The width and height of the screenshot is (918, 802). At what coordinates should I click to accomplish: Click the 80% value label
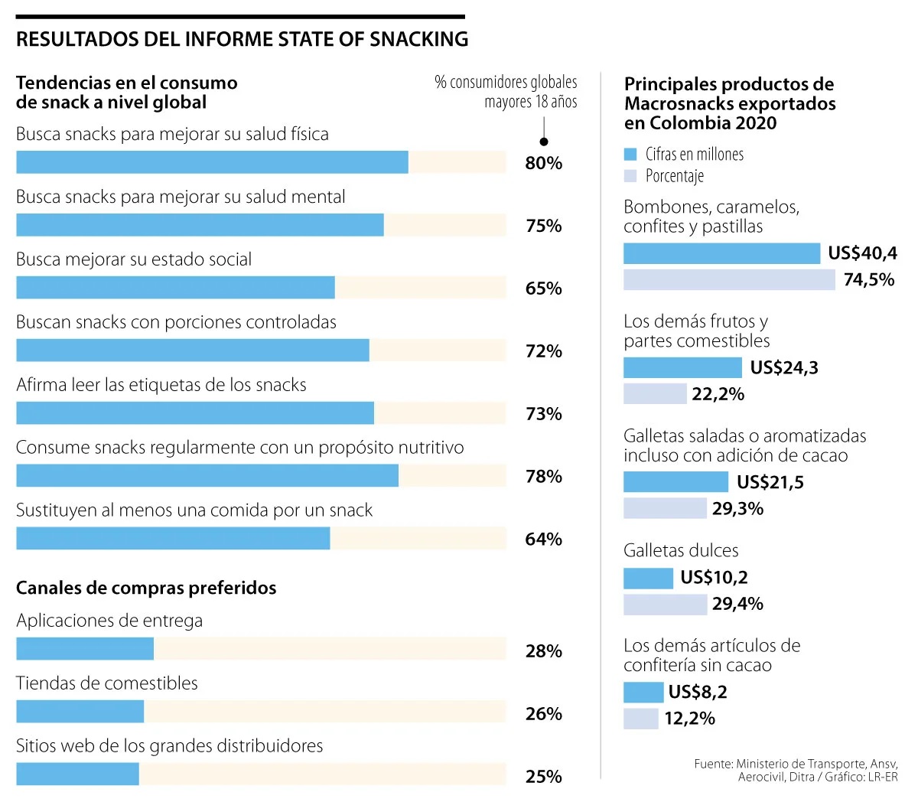(543, 163)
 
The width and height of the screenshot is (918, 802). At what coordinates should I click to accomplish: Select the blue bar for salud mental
(200, 225)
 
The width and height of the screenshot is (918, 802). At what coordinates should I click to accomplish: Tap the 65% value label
(543, 289)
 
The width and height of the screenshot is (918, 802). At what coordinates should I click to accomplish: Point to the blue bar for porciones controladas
(192, 350)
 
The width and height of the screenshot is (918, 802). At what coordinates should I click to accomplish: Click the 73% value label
(543, 414)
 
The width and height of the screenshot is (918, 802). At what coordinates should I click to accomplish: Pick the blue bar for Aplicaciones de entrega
(85, 649)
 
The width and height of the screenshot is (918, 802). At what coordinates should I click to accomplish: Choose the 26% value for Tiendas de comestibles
(543, 714)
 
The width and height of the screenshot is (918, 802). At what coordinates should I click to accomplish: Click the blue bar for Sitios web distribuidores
(77, 774)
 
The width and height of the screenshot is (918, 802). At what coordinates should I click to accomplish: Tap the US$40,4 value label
(862, 253)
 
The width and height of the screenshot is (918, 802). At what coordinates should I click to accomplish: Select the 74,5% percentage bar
(729, 280)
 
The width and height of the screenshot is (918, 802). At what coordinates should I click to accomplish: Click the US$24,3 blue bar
(682, 367)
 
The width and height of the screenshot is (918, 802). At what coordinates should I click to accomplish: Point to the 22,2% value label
(718, 394)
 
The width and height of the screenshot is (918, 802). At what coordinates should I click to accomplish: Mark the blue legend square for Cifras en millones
(630, 155)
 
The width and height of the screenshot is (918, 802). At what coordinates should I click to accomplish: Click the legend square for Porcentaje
(630, 176)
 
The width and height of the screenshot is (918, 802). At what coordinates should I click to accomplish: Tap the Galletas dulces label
(681, 550)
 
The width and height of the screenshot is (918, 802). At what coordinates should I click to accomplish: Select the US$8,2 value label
(697, 693)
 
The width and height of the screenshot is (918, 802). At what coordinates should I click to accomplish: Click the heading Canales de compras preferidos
(146, 588)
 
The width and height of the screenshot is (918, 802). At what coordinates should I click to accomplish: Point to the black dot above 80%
(544, 141)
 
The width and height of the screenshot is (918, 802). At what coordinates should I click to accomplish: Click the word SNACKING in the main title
(418, 39)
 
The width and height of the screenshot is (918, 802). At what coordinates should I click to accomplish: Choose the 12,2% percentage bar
(640, 719)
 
